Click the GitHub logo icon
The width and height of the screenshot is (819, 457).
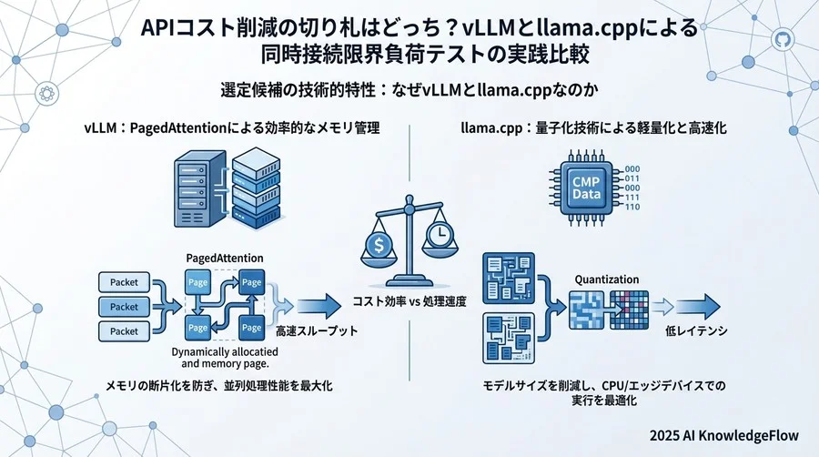pos(782,40)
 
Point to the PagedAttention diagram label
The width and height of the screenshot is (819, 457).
pos(225,259)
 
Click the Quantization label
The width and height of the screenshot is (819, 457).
pos(607,279)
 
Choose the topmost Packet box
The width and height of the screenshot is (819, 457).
pos(124,282)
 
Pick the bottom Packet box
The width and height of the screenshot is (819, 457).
pos(124,331)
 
